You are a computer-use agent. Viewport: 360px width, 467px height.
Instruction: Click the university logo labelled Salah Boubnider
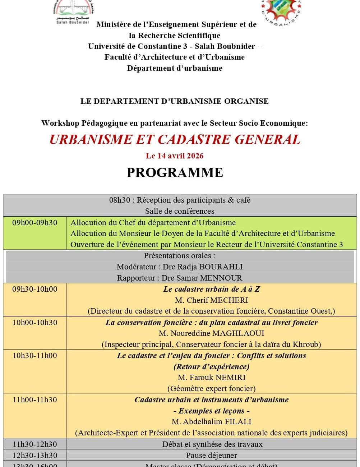73,11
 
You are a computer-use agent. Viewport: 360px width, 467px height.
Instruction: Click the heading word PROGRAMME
175,172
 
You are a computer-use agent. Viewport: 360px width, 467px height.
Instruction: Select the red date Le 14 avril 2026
175,156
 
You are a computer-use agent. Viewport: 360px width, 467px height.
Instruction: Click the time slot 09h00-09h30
35,223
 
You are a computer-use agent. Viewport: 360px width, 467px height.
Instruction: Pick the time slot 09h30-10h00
35,289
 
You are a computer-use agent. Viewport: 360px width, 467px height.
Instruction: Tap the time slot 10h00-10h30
35,323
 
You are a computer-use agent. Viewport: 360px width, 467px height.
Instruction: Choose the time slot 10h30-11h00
35,356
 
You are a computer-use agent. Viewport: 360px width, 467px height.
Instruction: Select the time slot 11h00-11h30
35,400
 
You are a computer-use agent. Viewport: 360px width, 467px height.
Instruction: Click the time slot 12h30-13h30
35,456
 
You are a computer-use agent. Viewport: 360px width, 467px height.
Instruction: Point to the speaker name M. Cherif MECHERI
211,300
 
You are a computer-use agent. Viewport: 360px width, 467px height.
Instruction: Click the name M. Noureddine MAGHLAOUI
211,333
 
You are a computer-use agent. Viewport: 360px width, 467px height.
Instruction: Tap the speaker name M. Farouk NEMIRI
211,378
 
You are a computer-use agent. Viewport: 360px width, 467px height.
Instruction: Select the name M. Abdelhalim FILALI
211,422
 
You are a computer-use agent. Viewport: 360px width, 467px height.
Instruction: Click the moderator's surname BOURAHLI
221,267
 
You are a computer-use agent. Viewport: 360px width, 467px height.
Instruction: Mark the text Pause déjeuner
211,456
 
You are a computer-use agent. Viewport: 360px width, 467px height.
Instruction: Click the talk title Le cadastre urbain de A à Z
211,289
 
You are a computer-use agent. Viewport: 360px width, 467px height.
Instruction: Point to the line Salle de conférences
180,211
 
